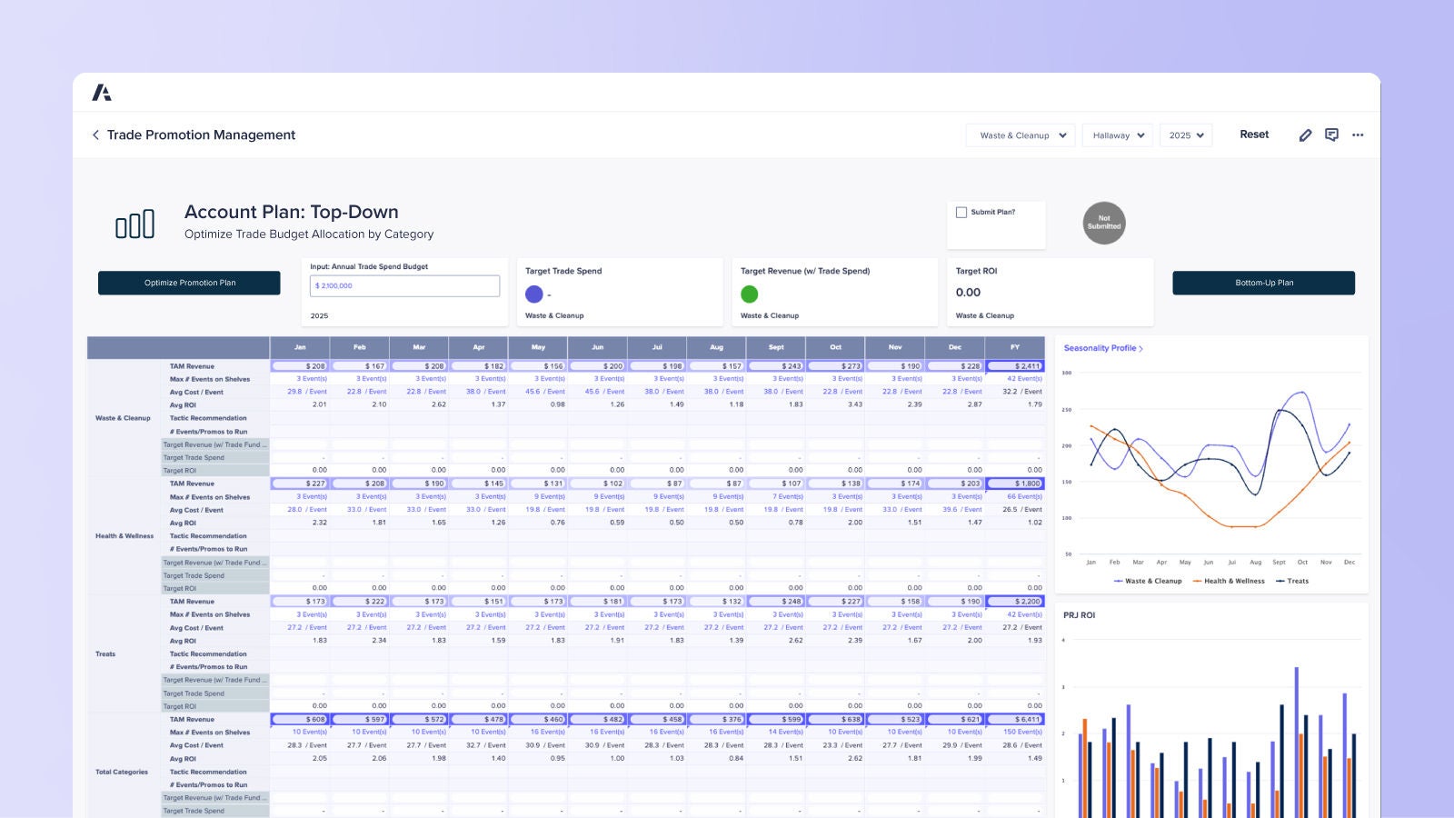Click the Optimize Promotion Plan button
(189, 283)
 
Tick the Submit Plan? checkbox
(961, 212)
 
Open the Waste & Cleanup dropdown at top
(1021, 135)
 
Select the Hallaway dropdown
(1117, 135)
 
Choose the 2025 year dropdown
(1186, 135)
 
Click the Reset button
(1254, 135)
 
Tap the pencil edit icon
(1305, 135)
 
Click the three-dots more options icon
(1358, 135)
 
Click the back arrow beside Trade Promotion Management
(95, 135)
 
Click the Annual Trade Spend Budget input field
(404, 285)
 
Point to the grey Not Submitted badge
(1104, 223)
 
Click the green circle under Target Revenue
(750, 294)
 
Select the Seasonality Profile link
(1102, 348)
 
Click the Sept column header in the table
(776, 347)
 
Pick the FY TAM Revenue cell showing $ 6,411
(1015, 719)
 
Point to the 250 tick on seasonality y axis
(1067, 410)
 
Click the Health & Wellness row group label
(124, 536)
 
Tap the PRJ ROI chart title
(1079, 615)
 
